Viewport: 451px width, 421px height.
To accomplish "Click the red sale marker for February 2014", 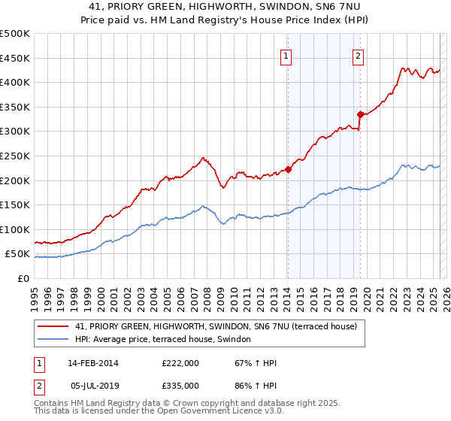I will [x=288, y=169].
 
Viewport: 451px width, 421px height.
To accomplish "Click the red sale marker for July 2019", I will [x=360, y=114].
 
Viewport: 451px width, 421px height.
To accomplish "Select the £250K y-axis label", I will [x=15, y=156].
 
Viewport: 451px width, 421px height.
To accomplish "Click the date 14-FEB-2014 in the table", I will [x=94, y=363].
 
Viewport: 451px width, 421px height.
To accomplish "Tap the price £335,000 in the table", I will [x=180, y=386].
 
